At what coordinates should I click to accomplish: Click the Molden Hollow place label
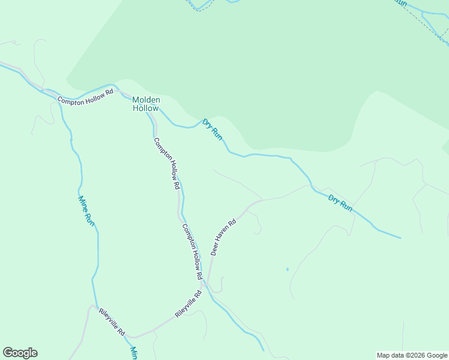[x=145, y=104]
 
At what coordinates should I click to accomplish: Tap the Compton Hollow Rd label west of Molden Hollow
[x=85, y=97]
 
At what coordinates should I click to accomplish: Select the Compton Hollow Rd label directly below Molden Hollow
[x=167, y=164]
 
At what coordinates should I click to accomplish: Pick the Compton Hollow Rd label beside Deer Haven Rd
[x=192, y=252]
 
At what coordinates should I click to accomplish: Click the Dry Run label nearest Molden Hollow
[x=212, y=129]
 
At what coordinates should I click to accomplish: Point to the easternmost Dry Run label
[x=340, y=202]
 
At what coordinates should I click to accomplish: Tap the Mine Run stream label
[x=87, y=210]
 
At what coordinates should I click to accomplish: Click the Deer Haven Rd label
[x=224, y=236]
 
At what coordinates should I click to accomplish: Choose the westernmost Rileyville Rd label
[x=112, y=322]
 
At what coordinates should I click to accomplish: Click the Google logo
[x=20, y=353]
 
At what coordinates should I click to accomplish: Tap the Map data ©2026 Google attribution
[x=412, y=355]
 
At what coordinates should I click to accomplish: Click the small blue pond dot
[x=288, y=269]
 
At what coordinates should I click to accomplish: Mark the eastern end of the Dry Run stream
[x=400, y=238]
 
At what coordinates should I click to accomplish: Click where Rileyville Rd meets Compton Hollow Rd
[x=206, y=287]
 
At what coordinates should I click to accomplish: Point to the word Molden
[x=145, y=100]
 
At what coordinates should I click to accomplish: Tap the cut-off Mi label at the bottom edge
[x=134, y=353]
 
